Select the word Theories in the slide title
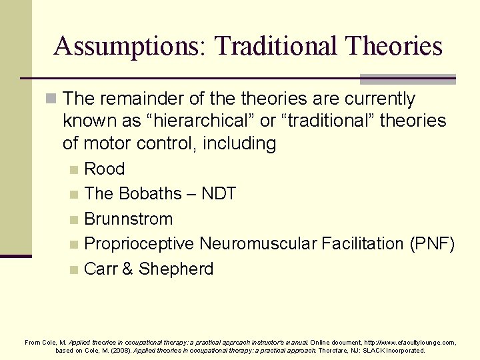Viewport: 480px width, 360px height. (400, 47)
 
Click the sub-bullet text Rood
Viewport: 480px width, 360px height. (105, 169)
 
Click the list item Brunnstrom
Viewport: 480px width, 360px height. (129, 219)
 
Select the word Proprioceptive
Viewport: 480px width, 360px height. (139, 244)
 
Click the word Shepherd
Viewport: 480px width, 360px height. (176, 269)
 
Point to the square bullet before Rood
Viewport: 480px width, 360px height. (76, 170)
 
